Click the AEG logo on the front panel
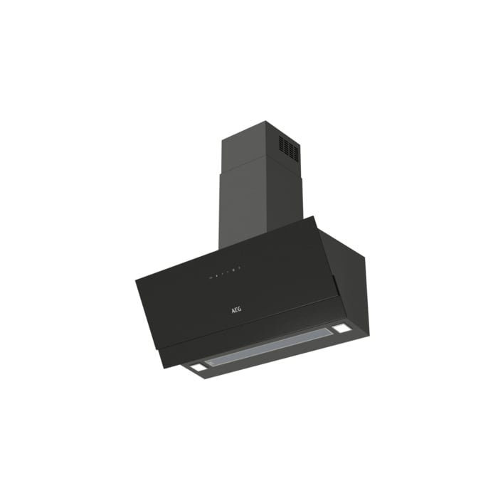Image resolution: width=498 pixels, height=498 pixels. [x=236, y=309]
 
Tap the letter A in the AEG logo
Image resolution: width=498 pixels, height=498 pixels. [x=233, y=311]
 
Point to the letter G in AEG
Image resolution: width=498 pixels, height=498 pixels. [x=240, y=309]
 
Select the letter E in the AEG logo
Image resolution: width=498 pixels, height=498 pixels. [x=237, y=309]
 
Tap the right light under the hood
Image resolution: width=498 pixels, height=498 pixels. [x=340, y=329]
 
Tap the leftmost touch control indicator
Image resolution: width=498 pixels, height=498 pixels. [x=211, y=278]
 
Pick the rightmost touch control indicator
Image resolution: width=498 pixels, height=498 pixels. [x=240, y=267]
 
